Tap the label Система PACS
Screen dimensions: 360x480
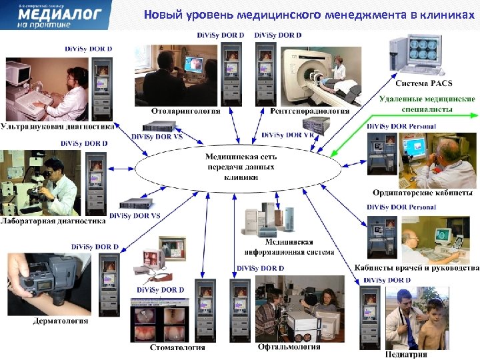point(423,83)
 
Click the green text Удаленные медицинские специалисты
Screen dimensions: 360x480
point(427,103)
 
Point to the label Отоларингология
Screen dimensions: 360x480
point(181,111)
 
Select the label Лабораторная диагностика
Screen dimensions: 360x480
point(53,221)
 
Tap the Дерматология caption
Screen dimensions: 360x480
point(61,321)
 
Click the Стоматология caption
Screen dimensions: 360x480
point(177,347)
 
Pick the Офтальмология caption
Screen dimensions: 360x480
point(289,347)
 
